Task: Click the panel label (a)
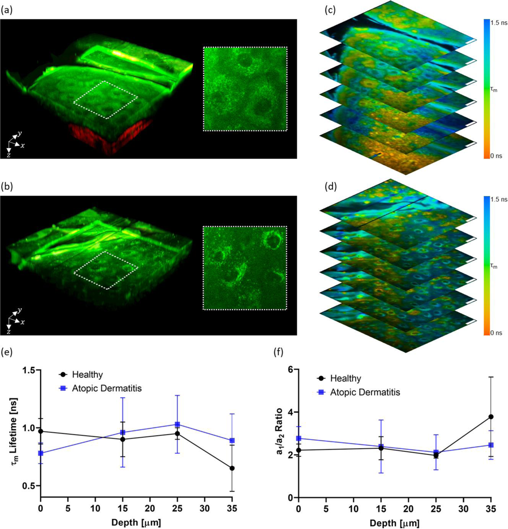[7, 10]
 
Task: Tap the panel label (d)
[330, 187]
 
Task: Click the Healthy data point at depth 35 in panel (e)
[232, 468]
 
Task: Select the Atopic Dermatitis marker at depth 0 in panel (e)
[41, 453]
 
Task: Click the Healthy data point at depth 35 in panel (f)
[491, 417]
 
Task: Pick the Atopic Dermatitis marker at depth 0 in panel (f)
[299, 438]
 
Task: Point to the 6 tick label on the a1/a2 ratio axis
[290, 370]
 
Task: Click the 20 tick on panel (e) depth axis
[150, 509]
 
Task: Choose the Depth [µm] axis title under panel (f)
[394, 523]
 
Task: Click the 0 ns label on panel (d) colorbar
[496, 333]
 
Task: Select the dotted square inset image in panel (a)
[245, 89]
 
